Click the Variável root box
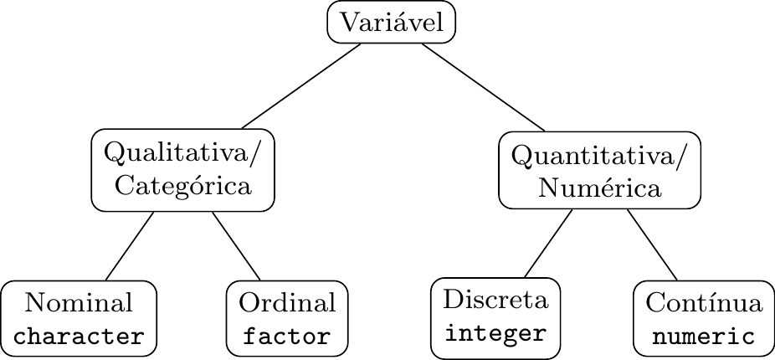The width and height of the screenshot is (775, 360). click(x=391, y=23)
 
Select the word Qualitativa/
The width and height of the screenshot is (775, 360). click(x=183, y=154)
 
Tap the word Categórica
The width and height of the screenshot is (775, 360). click(x=183, y=185)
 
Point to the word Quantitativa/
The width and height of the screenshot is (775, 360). click(x=600, y=156)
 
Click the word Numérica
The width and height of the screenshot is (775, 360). click(x=600, y=188)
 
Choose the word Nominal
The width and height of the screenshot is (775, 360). click(x=80, y=303)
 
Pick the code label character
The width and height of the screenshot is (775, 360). click(x=80, y=337)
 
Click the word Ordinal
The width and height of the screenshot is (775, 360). click(x=287, y=303)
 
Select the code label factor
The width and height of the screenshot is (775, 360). click(x=287, y=337)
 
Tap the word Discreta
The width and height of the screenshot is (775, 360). click(x=496, y=300)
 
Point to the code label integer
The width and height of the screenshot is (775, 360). click(x=496, y=333)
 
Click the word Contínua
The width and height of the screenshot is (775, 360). click(x=704, y=303)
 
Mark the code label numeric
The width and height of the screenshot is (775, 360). click(x=704, y=337)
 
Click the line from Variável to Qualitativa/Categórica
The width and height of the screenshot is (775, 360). click(x=301, y=86)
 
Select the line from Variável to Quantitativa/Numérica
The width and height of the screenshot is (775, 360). click(x=483, y=86)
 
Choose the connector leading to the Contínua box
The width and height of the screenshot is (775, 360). click(x=652, y=245)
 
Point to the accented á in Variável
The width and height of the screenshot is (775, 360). click(x=398, y=23)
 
